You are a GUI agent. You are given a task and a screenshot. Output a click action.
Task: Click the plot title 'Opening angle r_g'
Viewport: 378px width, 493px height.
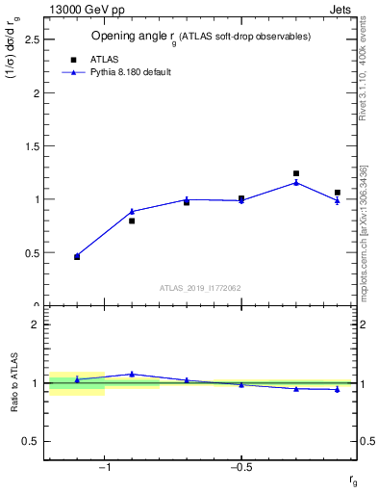(x=200, y=37)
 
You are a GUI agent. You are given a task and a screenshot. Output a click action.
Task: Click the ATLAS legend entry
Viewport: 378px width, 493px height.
(x=104, y=58)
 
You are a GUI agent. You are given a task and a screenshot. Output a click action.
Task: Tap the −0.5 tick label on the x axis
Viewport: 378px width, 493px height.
(x=240, y=468)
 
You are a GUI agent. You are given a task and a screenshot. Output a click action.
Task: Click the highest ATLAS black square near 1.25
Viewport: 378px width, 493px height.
(x=296, y=173)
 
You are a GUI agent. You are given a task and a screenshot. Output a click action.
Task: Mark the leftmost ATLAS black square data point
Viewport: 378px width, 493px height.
(x=77, y=257)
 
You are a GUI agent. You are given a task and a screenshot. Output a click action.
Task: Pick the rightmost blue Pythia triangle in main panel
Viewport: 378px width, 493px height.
(x=337, y=200)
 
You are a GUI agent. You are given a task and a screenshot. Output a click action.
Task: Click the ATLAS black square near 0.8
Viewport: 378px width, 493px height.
(x=132, y=221)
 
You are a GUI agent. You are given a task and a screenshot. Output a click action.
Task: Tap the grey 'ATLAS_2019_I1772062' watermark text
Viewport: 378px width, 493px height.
(x=200, y=287)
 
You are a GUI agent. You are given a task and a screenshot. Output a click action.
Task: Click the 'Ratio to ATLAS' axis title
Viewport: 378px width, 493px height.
(x=14, y=382)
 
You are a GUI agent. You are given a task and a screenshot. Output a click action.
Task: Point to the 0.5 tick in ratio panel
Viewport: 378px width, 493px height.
(x=30, y=441)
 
